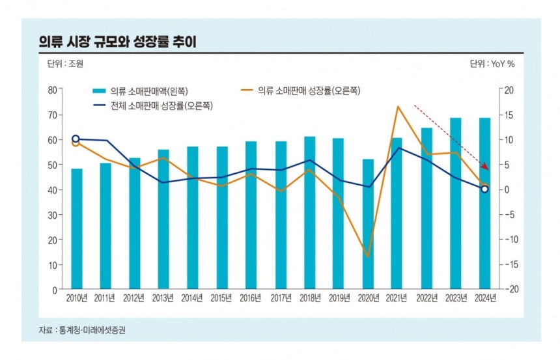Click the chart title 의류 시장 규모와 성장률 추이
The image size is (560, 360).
[x=117, y=42]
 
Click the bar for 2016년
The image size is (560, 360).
[x=251, y=215]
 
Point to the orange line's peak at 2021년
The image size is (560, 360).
[x=397, y=106]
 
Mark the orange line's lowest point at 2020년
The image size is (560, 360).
[x=368, y=256]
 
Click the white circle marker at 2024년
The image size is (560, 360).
[x=484, y=189]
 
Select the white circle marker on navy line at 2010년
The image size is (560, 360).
[x=76, y=139]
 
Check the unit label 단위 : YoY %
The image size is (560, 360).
[x=492, y=64]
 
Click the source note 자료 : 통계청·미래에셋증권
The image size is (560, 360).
[x=82, y=330]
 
